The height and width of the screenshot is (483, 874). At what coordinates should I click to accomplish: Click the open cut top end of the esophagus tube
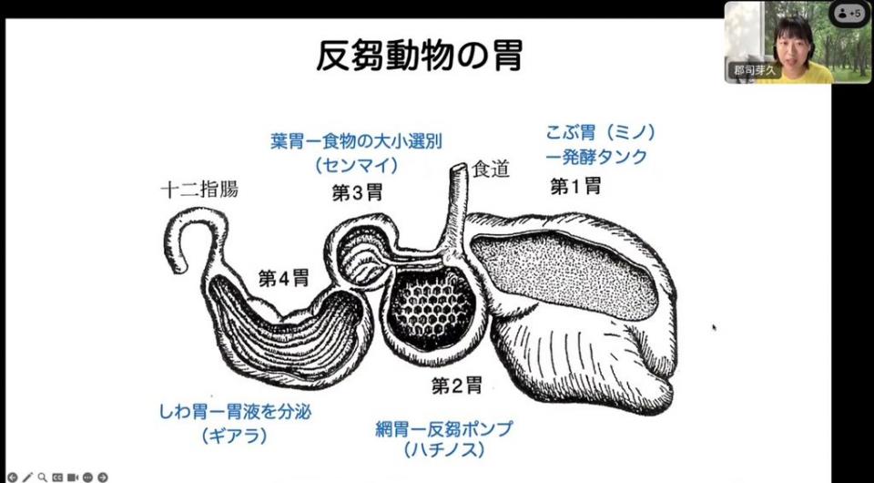(459, 167)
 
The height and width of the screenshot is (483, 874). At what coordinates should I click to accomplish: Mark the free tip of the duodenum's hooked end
(179, 269)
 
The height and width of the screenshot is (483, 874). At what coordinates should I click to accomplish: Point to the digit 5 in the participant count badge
(859, 14)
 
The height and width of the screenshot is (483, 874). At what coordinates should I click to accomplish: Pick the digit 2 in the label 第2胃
(457, 385)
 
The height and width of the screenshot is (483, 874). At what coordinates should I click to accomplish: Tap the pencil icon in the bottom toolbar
(27, 478)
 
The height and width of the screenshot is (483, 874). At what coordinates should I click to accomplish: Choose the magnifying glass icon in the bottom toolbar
(43, 478)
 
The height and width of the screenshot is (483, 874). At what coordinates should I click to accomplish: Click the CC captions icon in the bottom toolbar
(57, 478)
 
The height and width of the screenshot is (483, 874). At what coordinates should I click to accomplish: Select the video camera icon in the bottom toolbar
(73, 478)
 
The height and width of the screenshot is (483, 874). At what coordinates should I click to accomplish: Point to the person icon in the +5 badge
(844, 14)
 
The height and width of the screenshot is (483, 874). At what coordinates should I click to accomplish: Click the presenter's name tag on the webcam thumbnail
(754, 71)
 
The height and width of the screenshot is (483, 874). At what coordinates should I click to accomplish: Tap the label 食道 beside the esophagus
(491, 169)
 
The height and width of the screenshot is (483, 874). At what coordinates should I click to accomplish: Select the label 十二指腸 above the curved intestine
(199, 190)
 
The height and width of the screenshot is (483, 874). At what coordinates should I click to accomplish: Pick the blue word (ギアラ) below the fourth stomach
(235, 435)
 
